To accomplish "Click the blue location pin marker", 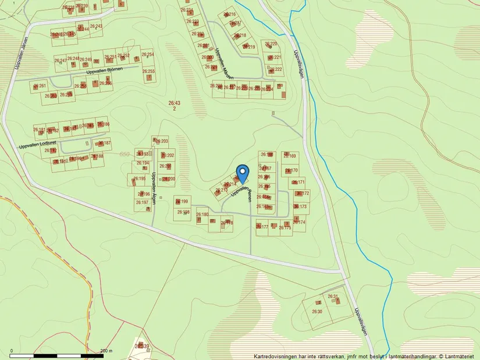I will click(x=242, y=174).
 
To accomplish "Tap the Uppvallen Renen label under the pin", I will click(x=241, y=191).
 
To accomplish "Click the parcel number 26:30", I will click(x=317, y=312).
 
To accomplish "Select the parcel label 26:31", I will click(x=333, y=297).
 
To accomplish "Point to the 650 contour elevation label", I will click(x=123, y=154).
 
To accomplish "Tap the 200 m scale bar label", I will click(x=106, y=351).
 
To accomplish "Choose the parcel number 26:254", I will click(x=147, y=55).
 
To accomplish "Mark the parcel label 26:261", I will click(x=40, y=86).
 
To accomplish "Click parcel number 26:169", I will click(x=290, y=156).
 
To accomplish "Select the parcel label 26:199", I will click(x=183, y=201).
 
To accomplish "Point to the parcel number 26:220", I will click(x=271, y=44).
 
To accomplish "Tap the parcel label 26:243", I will click(x=96, y=26).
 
